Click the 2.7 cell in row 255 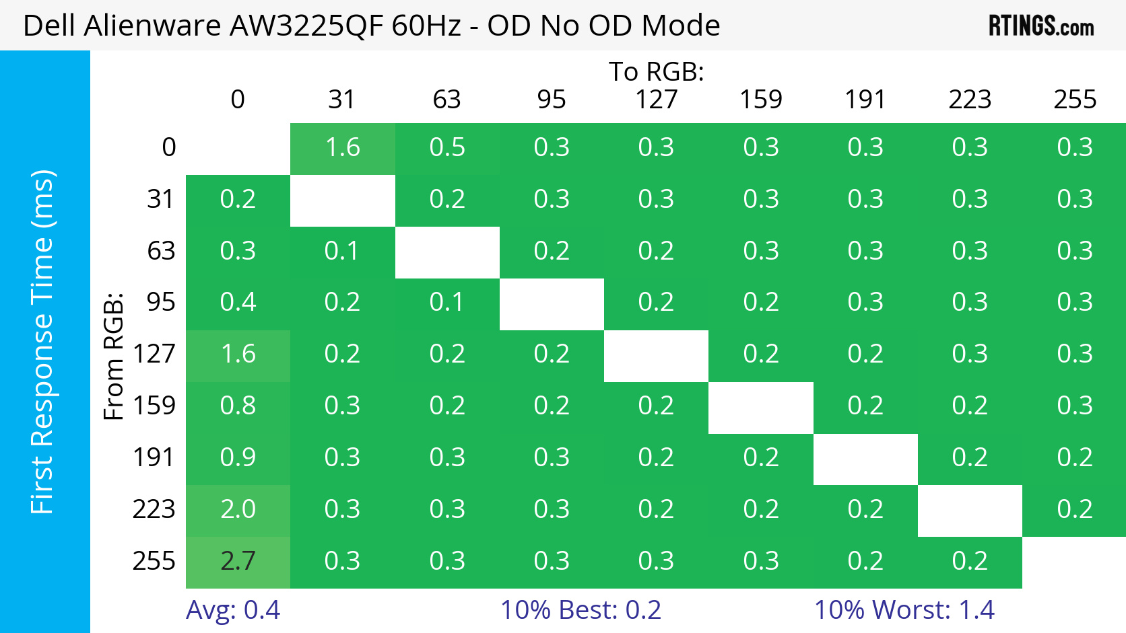(238, 561)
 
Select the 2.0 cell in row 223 (238, 509)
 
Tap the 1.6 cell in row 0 (342, 147)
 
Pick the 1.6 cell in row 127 (238, 354)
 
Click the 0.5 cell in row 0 (447, 147)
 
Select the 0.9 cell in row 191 (238, 457)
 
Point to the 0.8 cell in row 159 (238, 406)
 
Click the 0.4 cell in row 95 (238, 302)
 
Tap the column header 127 (656, 100)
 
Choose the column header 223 (970, 100)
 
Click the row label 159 (154, 406)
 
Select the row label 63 (161, 251)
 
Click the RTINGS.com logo (1040, 26)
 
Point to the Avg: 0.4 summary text (233, 610)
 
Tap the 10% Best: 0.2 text (581, 610)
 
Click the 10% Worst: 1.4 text (904, 610)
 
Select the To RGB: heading (656, 71)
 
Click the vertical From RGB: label (114, 356)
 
